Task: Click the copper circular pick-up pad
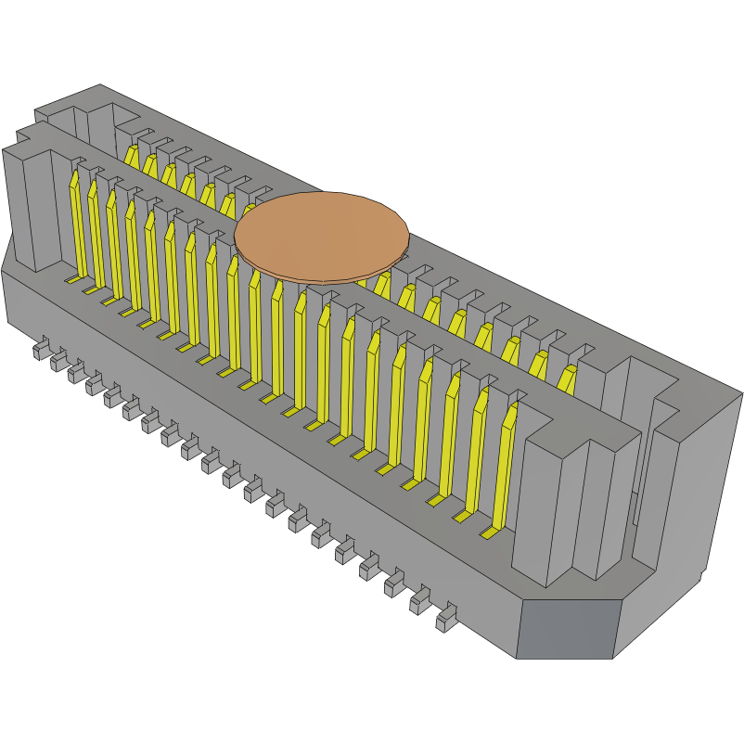point(321,235)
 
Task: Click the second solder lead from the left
point(58,359)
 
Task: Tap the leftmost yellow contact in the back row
point(131,156)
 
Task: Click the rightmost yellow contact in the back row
point(566,380)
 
